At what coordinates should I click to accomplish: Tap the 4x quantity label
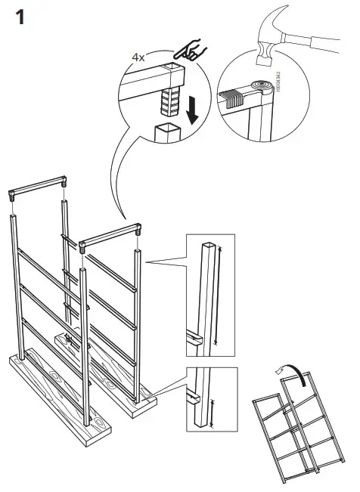[141, 56]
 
